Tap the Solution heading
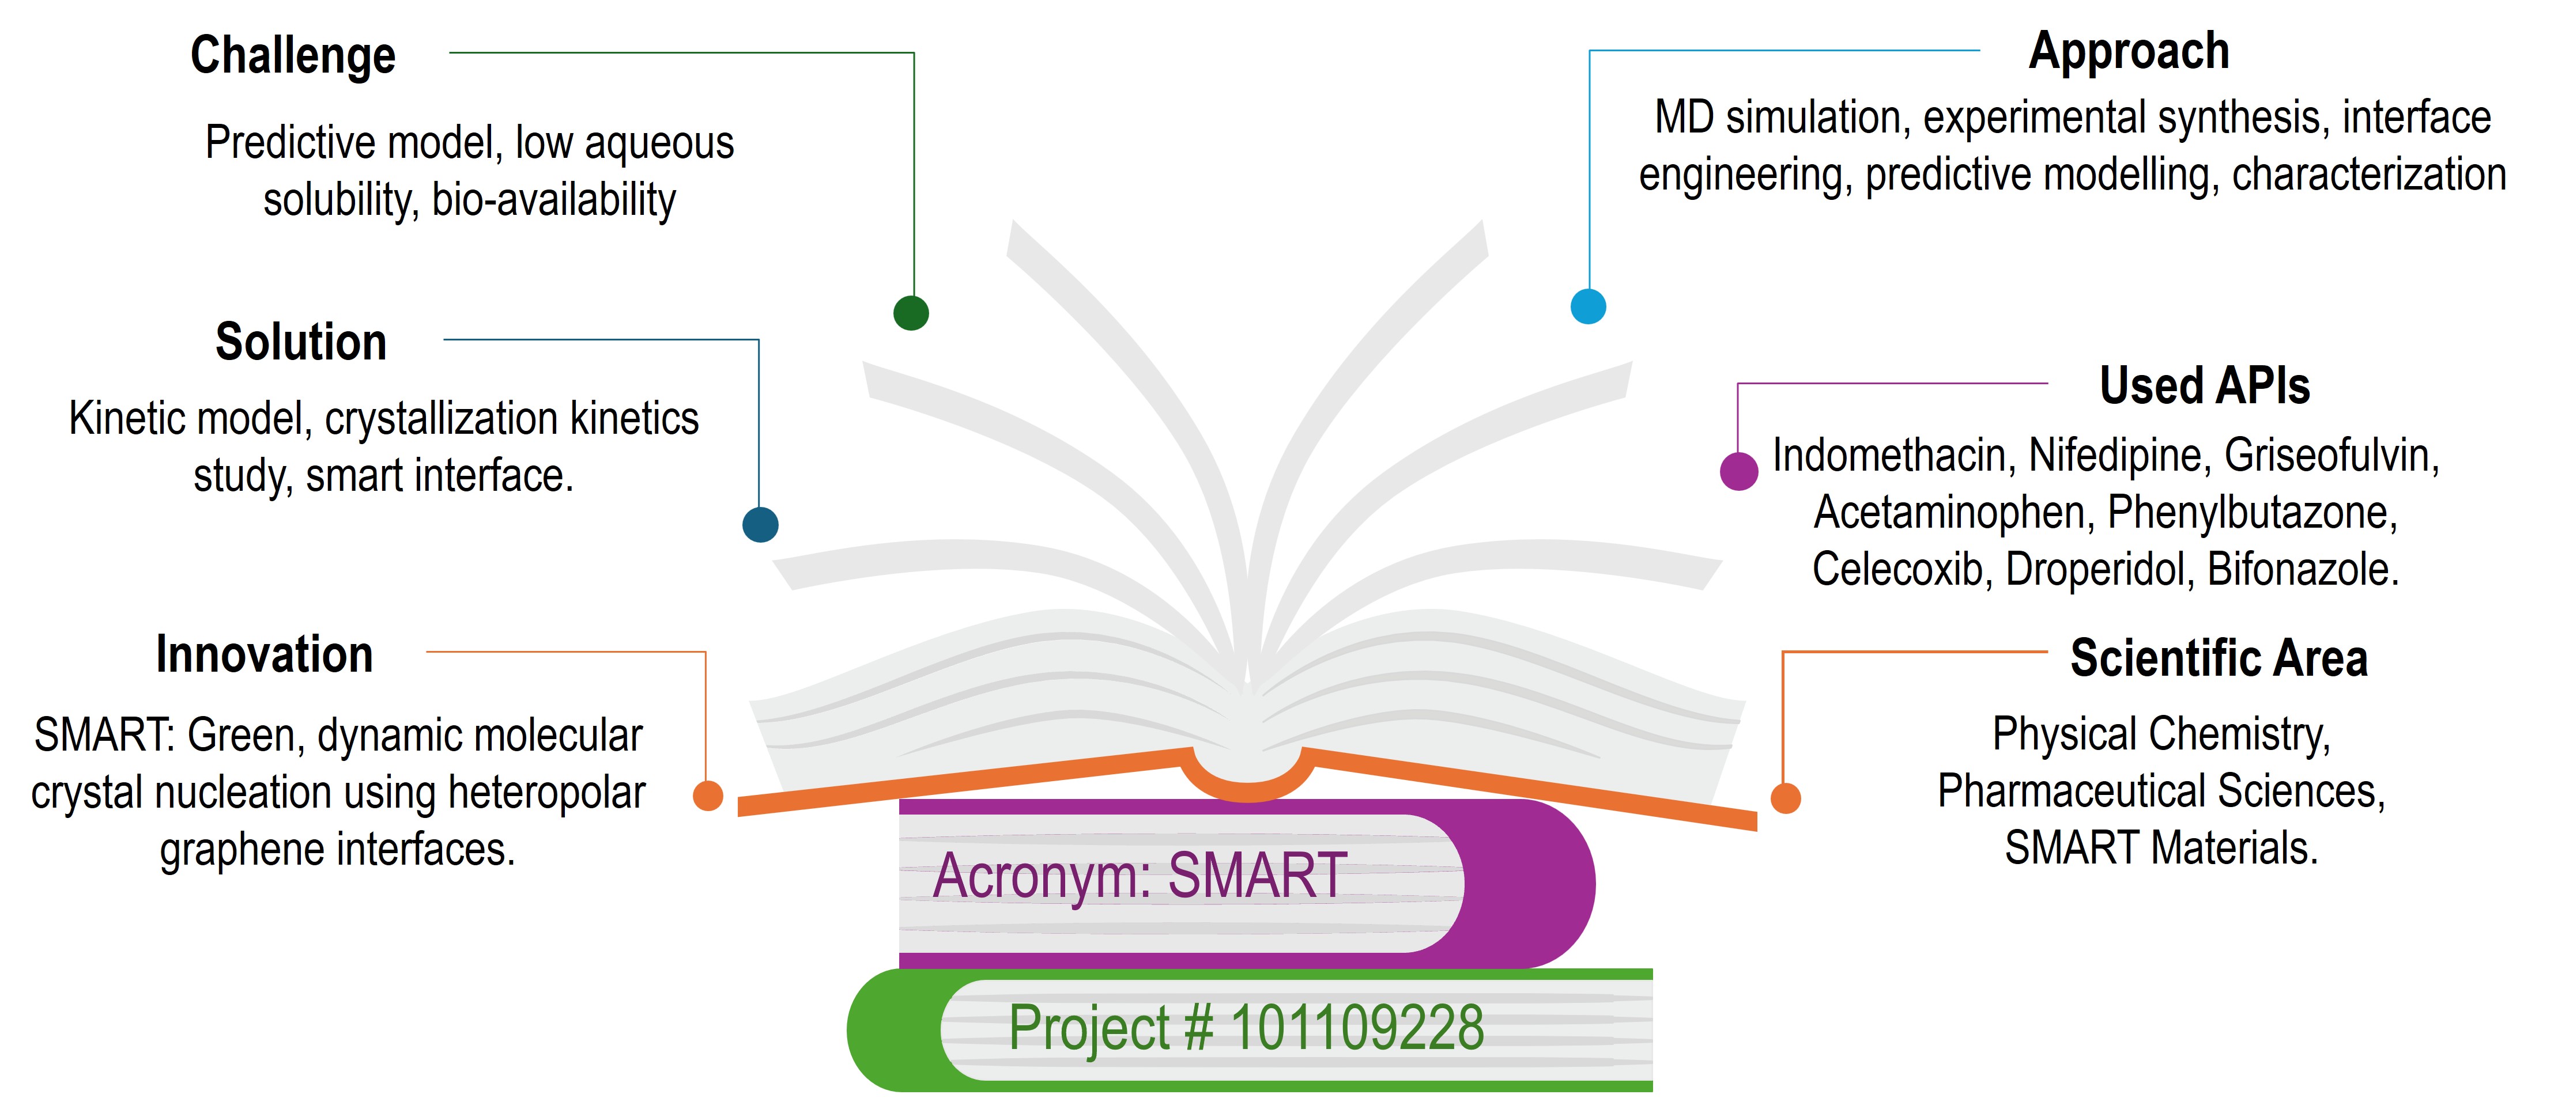[301, 343]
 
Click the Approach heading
[2129, 52]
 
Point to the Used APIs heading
[2205, 385]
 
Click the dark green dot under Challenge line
[912, 313]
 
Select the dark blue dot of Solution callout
[761, 524]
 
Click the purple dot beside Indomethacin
[1739, 471]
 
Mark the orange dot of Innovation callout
[708, 795]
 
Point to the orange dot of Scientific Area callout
[1786, 797]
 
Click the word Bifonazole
[2303, 570]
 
